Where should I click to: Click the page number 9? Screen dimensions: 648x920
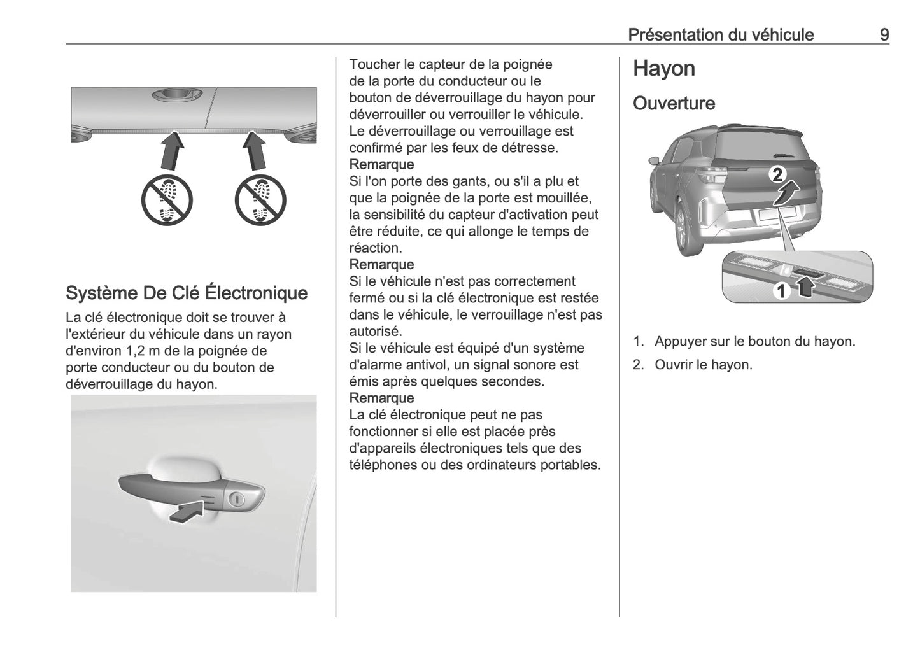[x=884, y=34]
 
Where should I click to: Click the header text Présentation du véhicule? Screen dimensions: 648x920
[x=720, y=34]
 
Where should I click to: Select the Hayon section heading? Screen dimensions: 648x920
[x=663, y=69]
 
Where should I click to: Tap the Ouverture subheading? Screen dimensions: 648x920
[x=674, y=103]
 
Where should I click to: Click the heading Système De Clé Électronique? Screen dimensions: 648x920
[x=187, y=293]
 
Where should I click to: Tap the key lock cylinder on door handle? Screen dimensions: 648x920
[x=236, y=499]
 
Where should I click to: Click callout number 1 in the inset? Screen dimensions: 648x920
[x=781, y=292]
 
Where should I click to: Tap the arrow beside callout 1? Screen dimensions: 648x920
[x=806, y=288]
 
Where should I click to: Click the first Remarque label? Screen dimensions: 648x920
[x=381, y=165]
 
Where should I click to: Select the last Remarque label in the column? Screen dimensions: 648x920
[x=381, y=398]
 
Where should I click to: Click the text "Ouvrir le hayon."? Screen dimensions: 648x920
[x=703, y=365]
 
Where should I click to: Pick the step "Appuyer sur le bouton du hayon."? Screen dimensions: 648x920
[x=754, y=342]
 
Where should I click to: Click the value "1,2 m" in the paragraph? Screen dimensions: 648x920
[x=144, y=351]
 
